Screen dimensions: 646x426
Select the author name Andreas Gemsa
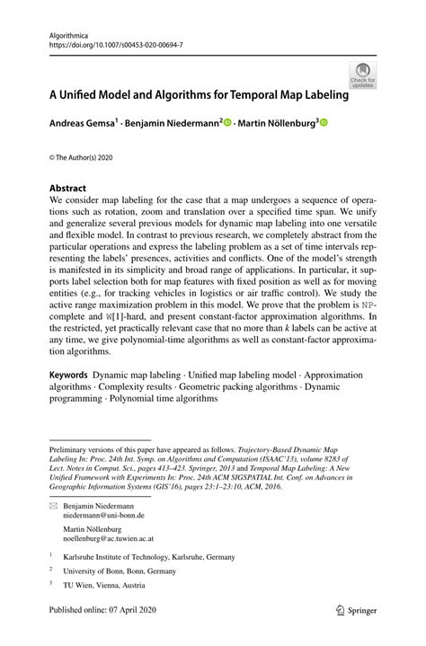84,122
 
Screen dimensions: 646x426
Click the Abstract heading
69,189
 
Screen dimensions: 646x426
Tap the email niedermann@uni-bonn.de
103,516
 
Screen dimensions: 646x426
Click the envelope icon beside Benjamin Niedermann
53,505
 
